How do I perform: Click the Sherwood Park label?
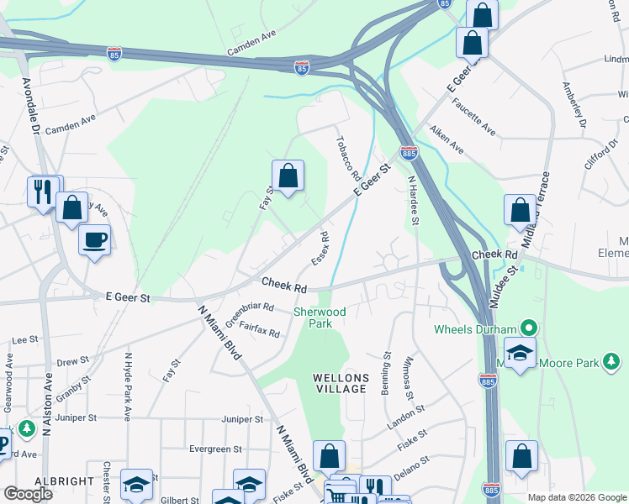(x=319, y=317)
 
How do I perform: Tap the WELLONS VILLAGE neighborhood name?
(x=340, y=383)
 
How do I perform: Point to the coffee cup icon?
(x=94, y=240)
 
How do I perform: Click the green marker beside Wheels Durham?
(x=529, y=327)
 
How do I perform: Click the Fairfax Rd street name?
(x=259, y=328)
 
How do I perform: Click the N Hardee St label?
(x=413, y=200)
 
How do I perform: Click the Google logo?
(x=29, y=494)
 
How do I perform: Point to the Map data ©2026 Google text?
(x=576, y=497)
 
